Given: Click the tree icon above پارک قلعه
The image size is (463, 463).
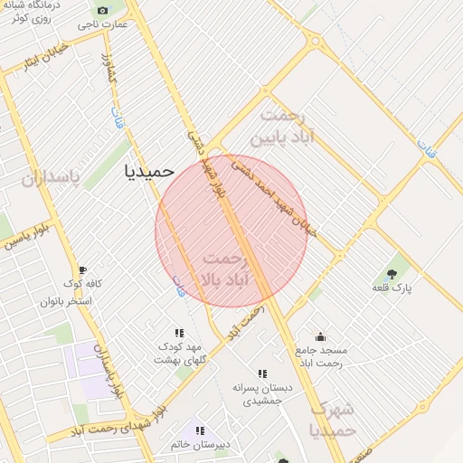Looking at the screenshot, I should [392, 273].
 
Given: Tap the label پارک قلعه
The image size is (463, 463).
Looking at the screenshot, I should [392, 288].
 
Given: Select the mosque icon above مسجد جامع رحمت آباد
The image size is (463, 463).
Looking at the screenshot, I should [319, 336].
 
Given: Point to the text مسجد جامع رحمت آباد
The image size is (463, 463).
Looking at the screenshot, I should [320, 356].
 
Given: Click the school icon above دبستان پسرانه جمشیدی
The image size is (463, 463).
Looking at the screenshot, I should [262, 373].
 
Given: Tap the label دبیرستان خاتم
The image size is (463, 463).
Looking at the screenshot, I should [200, 445].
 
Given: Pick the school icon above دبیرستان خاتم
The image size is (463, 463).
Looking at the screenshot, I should [200, 431].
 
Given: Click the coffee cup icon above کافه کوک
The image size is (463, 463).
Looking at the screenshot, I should [82, 269].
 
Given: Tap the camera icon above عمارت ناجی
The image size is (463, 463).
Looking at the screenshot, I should [101, 11].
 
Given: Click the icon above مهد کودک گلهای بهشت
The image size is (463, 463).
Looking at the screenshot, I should [179, 333].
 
